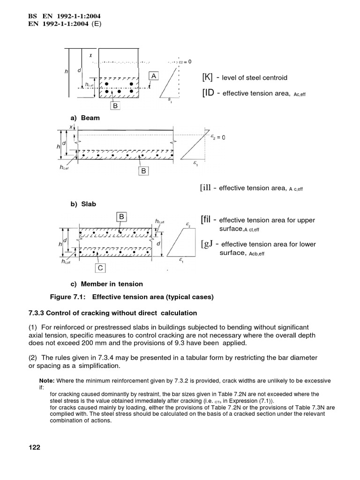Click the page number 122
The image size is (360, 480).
[x=34, y=447]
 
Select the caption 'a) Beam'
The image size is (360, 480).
[x=84, y=118]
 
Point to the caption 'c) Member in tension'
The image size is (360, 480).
[x=106, y=284]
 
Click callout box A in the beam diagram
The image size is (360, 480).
[x=154, y=76]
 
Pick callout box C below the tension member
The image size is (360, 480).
[x=100, y=268]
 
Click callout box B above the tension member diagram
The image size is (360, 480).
[x=121, y=217]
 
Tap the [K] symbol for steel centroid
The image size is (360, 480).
[x=208, y=77]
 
